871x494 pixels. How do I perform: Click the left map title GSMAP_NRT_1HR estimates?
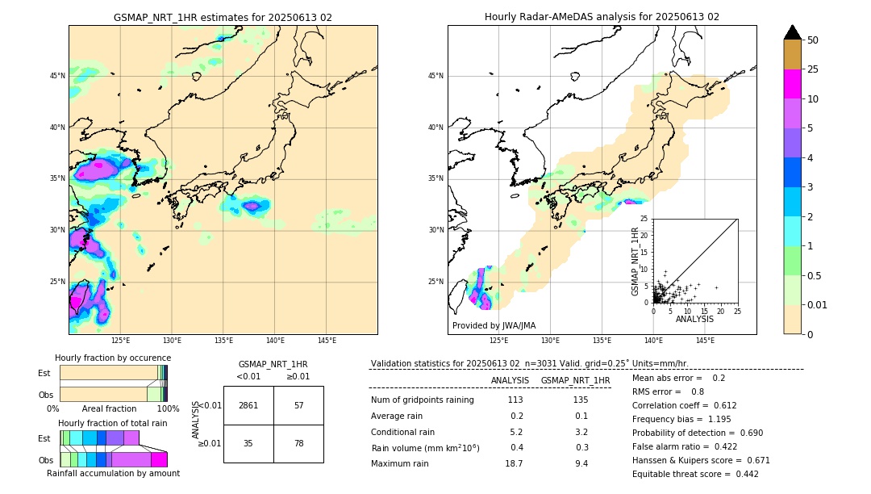223,17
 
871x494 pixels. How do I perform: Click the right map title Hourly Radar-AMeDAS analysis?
602,17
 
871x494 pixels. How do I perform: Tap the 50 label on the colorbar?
813,40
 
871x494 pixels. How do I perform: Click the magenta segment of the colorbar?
793,84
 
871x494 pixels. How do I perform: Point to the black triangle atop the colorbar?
793,32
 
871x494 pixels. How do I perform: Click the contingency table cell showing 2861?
248,405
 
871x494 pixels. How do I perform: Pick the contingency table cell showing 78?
298,443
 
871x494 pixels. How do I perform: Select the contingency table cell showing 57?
298,405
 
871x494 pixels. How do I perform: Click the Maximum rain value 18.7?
514,463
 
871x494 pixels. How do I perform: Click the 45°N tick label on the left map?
57,76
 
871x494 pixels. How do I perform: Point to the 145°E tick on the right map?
705,341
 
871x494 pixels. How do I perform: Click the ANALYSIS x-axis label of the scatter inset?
694,319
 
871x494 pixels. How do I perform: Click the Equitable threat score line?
695,474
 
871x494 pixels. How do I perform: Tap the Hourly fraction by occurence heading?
113,358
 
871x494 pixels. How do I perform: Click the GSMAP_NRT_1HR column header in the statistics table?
575,380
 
